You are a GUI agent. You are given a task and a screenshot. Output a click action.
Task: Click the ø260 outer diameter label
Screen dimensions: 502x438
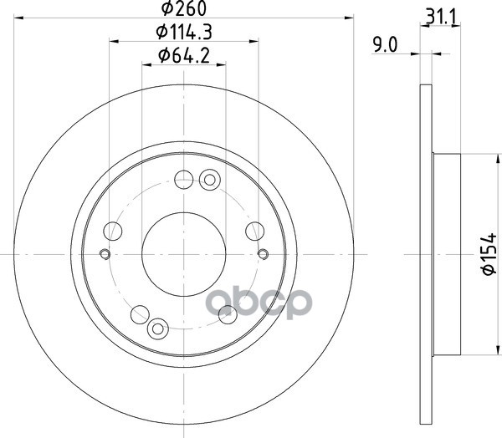184,8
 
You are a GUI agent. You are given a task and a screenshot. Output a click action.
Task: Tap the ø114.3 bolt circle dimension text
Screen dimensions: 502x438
184,32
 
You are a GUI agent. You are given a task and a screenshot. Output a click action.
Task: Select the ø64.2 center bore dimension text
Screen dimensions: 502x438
184,55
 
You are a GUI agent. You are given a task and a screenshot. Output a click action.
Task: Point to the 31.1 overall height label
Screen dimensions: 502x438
441,17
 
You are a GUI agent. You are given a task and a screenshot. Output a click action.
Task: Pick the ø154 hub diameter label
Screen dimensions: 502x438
489,254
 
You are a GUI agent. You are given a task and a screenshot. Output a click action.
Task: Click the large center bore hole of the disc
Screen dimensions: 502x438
184,254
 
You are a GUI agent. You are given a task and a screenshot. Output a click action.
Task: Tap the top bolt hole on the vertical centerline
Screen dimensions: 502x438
184,180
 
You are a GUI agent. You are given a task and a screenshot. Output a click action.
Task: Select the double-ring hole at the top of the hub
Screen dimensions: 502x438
210,180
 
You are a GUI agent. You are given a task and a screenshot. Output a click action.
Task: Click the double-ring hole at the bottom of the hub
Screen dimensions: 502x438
158,328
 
